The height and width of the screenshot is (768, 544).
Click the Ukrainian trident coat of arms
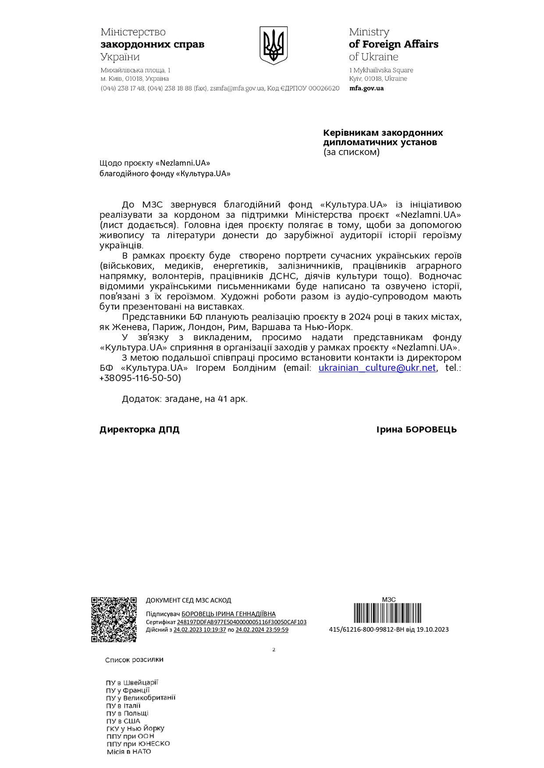click(x=273, y=45)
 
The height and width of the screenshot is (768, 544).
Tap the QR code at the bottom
click(x=114, y=619)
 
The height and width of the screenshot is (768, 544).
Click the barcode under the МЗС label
click(x=388, y=613)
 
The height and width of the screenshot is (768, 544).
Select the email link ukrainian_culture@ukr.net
click(x=377, y=368)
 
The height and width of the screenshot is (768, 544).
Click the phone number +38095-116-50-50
click(x=140, y=378)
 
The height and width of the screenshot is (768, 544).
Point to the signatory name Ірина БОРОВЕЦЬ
click(x=416, y=430)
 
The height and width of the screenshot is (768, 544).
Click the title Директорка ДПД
click(x=139, y=430)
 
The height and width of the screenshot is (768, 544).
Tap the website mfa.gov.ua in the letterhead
click(x=366, y=88)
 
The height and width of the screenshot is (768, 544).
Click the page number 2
click(x=274, y=650)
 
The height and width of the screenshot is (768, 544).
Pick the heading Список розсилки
click(x=134, y=660)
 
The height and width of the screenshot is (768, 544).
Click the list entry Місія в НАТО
click(x=129, y=752)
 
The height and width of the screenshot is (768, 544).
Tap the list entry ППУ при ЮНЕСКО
click(x=138, y=744)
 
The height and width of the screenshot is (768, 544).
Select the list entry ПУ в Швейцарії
click(x=132, y=683)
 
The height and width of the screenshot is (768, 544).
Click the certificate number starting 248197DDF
click(x=242, y=622)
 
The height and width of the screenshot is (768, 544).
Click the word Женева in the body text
click(x=129, y=327)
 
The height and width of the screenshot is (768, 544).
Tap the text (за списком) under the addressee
click(x=352, y=152)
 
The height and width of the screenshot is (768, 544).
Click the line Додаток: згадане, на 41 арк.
click(x=185, y=399)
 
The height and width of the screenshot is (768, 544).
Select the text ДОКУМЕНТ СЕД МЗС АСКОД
click(x=188, y=600)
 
